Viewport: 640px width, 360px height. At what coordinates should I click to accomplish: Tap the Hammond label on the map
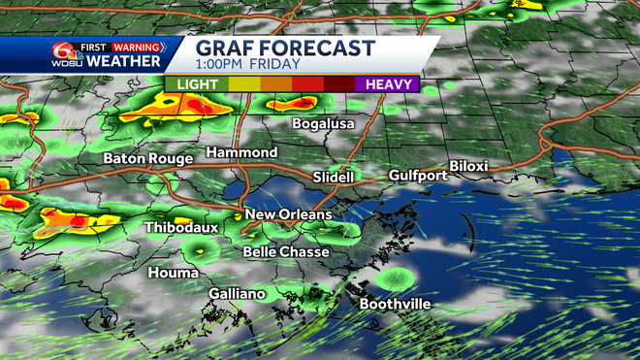pyautogui.click(x=241, y=153)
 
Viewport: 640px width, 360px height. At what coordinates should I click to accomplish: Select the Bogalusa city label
pyautogui.click(x=324, y=124)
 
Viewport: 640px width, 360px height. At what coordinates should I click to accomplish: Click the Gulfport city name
pyautogui.click(x=418, y=176)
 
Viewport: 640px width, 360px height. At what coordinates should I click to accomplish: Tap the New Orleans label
pyautogui.click(x=288, y=214)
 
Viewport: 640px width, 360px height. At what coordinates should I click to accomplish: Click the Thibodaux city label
pyautogui.click(x=180, y=227)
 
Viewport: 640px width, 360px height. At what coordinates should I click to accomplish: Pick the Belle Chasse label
pyautogui.click(x=286, y=251)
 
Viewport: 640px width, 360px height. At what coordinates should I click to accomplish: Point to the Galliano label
pyautogui.click(x=237, y=294)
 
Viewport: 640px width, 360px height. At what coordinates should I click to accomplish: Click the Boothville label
pyautogui.click(x=396, y=305)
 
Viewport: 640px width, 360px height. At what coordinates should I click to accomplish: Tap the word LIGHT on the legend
pyautogui.click(x=197, y=85)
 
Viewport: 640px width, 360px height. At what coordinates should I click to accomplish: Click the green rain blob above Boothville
pyautogui.click(x=395, y=279)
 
